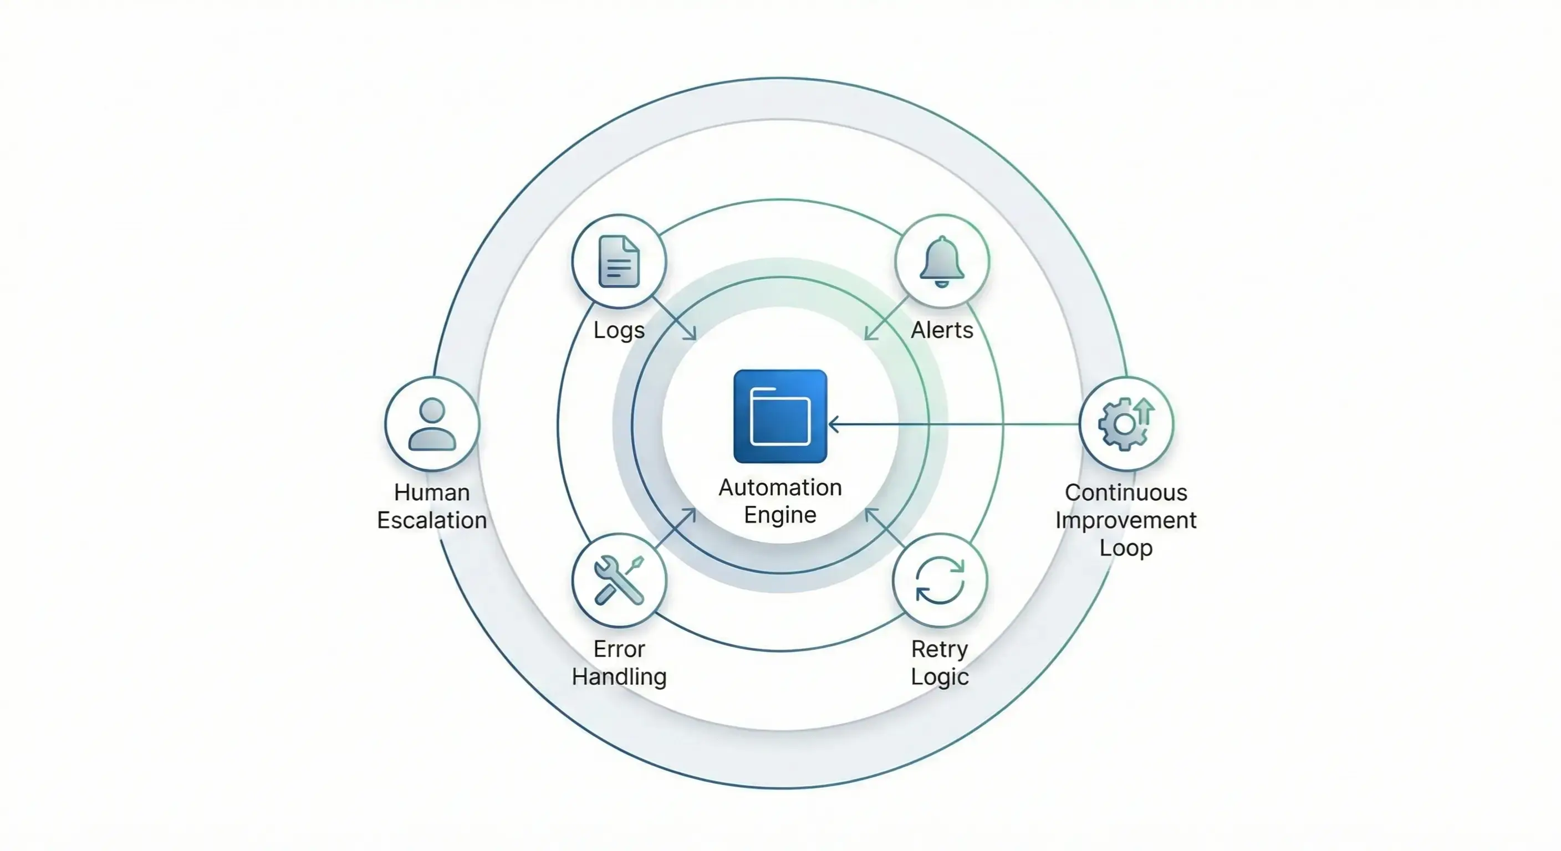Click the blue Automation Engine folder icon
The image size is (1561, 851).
(780, 416)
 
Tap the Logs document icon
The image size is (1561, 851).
(619, 261)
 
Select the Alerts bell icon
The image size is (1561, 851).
(942, 261)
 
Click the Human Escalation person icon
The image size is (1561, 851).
(432, 424)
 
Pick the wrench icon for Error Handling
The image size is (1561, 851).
(618, 580)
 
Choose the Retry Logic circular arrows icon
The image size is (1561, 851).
(940, 580)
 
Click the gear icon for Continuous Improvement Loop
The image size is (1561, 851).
(1123, 424)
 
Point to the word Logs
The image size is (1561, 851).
(619, 331)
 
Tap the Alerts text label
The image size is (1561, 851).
(942, 330)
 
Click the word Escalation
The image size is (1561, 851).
(432, 520)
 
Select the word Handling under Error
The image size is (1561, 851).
(619, 676)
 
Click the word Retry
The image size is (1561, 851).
(939, 649)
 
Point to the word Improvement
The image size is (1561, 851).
(1126, 520)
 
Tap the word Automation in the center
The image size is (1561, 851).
(780, 487)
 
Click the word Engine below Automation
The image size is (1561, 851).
(780, 515)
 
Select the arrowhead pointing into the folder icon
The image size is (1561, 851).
(834, 424)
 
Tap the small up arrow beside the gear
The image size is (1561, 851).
(1144, 410)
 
